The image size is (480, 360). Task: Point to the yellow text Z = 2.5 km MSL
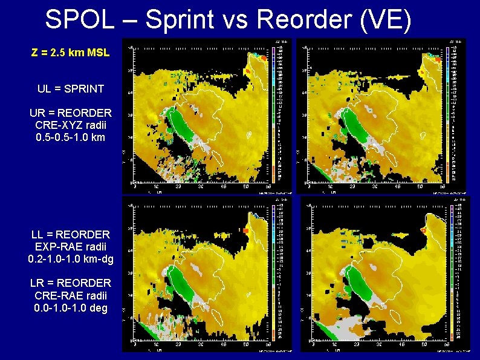coord(70,53)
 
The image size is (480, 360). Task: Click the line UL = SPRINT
coord(70,89)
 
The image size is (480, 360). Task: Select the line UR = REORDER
coord(70,113)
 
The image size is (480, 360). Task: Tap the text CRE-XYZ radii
coord(70,125)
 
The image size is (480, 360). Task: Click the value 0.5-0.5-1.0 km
coord(70,137)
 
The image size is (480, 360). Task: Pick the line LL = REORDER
coord(70,234)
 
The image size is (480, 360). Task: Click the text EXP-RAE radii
coord(70,246)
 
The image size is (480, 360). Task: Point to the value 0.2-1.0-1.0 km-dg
coord(70,259)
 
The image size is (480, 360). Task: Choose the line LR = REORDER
coord(70,283)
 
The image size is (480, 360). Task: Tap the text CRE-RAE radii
coord(70,295)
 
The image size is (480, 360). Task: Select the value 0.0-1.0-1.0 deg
coord(70,307)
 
